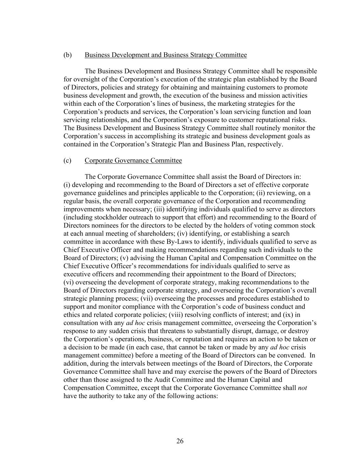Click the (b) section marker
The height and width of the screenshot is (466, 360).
click(x=68, y=55)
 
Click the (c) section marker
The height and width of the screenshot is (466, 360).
click(x=68, y=160)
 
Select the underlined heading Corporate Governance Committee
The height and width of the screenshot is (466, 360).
click(x=133, y=160)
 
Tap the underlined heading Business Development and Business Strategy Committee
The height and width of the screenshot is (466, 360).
click(x=165, y=55)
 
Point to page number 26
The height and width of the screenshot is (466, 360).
click(x=180, y=441)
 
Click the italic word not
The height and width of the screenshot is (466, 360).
click(x=302, y=388)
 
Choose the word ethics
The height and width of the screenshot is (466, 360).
click(x=72, y=315)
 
